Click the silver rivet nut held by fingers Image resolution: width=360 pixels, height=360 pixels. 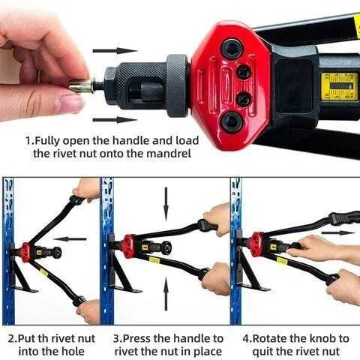82,86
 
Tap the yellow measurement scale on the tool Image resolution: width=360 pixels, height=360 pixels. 339,87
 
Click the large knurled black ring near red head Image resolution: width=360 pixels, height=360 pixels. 177,85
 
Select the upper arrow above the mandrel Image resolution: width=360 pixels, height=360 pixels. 115,51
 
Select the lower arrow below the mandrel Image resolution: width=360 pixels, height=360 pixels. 115,120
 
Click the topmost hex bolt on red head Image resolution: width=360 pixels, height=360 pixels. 232,49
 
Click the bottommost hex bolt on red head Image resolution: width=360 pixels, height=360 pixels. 232,122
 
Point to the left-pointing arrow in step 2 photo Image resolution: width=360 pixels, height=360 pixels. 70,239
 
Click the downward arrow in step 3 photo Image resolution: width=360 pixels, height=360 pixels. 166,201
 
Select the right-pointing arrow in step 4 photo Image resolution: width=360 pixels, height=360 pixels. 338,232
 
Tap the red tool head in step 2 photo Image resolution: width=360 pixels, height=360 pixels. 25,252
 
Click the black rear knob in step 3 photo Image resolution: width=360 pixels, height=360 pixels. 166,248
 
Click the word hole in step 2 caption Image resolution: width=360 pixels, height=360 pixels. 72,351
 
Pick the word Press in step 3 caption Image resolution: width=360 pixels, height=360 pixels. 137,339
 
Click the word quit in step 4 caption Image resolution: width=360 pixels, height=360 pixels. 264,352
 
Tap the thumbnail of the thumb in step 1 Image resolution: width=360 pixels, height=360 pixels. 70,103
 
